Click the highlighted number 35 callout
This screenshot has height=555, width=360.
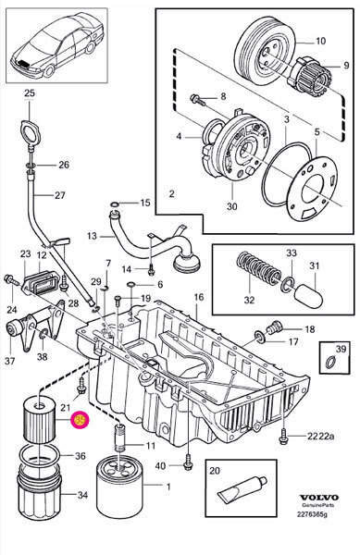[x=80, y=420]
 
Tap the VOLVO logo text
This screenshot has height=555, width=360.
[x=319, y=498]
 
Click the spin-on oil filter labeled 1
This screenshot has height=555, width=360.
[x=119, y=487]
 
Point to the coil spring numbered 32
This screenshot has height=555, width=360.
[x=258, y=268]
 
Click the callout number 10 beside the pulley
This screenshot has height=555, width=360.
[x=320, y=41]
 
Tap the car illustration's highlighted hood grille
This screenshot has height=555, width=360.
[x=25, y=64]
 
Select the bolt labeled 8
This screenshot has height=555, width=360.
[x=197, y=100]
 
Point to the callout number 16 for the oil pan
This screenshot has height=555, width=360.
[x=199, y=297]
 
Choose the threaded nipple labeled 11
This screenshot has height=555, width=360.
[x=121, y=438]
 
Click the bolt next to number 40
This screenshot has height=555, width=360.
[x=188, y=465]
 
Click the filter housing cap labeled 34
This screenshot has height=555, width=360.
[x=40, y=493]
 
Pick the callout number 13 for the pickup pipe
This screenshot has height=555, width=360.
[x=92, y=235]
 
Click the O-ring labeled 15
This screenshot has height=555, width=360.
[x=115, y=204]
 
